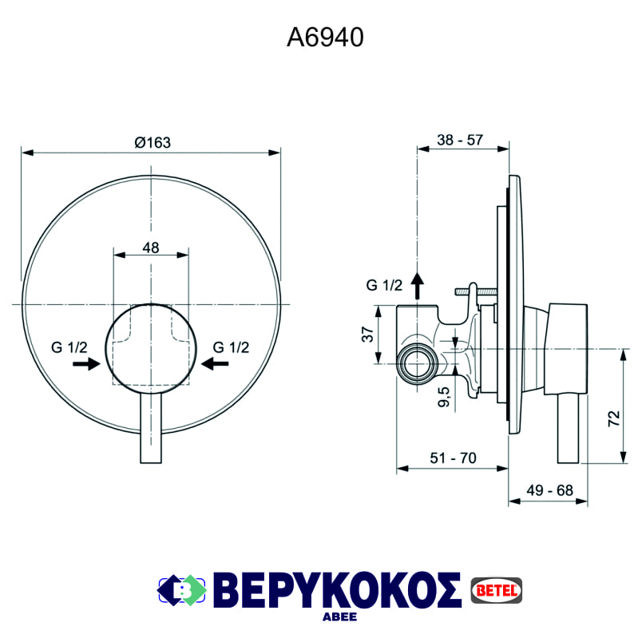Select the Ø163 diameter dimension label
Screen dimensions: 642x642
[x=153, y=142]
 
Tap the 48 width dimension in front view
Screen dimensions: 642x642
[x=151, y=248]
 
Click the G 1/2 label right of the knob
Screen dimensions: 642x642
[x=232, y=347]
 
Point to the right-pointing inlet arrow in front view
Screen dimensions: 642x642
[x=85, y=364]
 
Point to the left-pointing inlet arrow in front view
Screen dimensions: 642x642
[x=216, y=364]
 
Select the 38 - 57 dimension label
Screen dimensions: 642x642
[x=460, y=141]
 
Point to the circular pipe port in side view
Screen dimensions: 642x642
[x=417, y=364]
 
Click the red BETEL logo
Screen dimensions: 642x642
[x=496, y=589]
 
